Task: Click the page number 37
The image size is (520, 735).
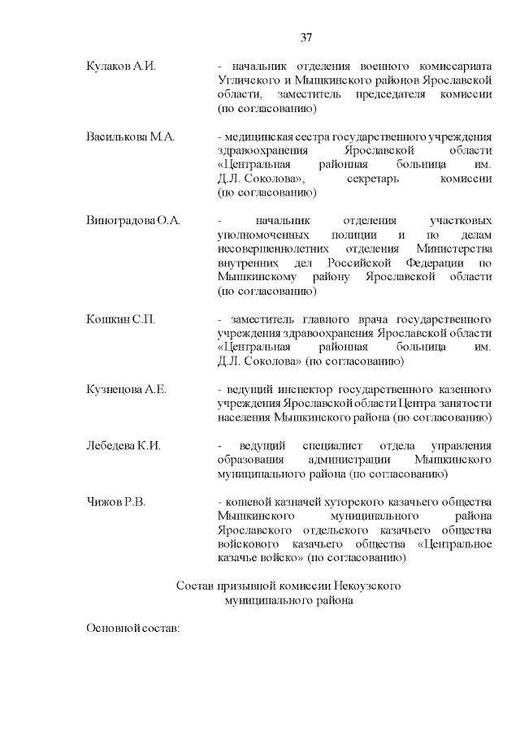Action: (x=306, y=37)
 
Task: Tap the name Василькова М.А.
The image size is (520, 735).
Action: (x=130, y=136)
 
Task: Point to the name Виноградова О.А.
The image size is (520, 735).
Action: (x=133, y=220)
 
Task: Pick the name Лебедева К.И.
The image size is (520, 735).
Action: (x=123, y=446)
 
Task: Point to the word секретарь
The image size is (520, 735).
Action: (x=373, y=179)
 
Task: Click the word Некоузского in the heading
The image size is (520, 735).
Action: (x=371, y=586)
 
